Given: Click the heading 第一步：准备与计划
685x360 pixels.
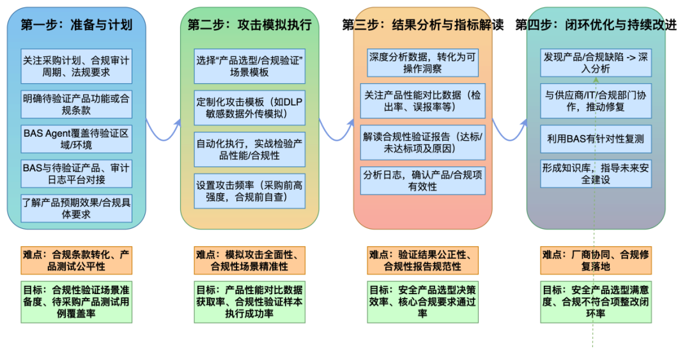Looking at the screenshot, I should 77,25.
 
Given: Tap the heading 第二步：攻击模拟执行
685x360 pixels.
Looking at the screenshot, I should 250,25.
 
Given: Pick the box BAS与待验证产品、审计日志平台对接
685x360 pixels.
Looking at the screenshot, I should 77,174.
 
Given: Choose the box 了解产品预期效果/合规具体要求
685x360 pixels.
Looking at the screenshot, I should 77,208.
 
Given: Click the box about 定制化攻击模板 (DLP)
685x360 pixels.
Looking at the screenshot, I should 250,108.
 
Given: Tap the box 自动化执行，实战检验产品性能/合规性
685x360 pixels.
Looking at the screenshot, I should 250,150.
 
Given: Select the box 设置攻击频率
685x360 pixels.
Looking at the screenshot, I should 250,191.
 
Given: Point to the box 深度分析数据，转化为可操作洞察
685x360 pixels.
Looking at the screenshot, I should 423,63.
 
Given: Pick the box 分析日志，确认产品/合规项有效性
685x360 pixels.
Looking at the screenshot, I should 423,181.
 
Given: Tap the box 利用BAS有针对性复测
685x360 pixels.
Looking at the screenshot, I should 596,138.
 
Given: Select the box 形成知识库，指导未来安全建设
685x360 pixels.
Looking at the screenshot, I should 596,174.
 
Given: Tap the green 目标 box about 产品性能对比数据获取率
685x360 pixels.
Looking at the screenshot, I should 250,301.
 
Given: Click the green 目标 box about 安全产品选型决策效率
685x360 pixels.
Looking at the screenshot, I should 423,301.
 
